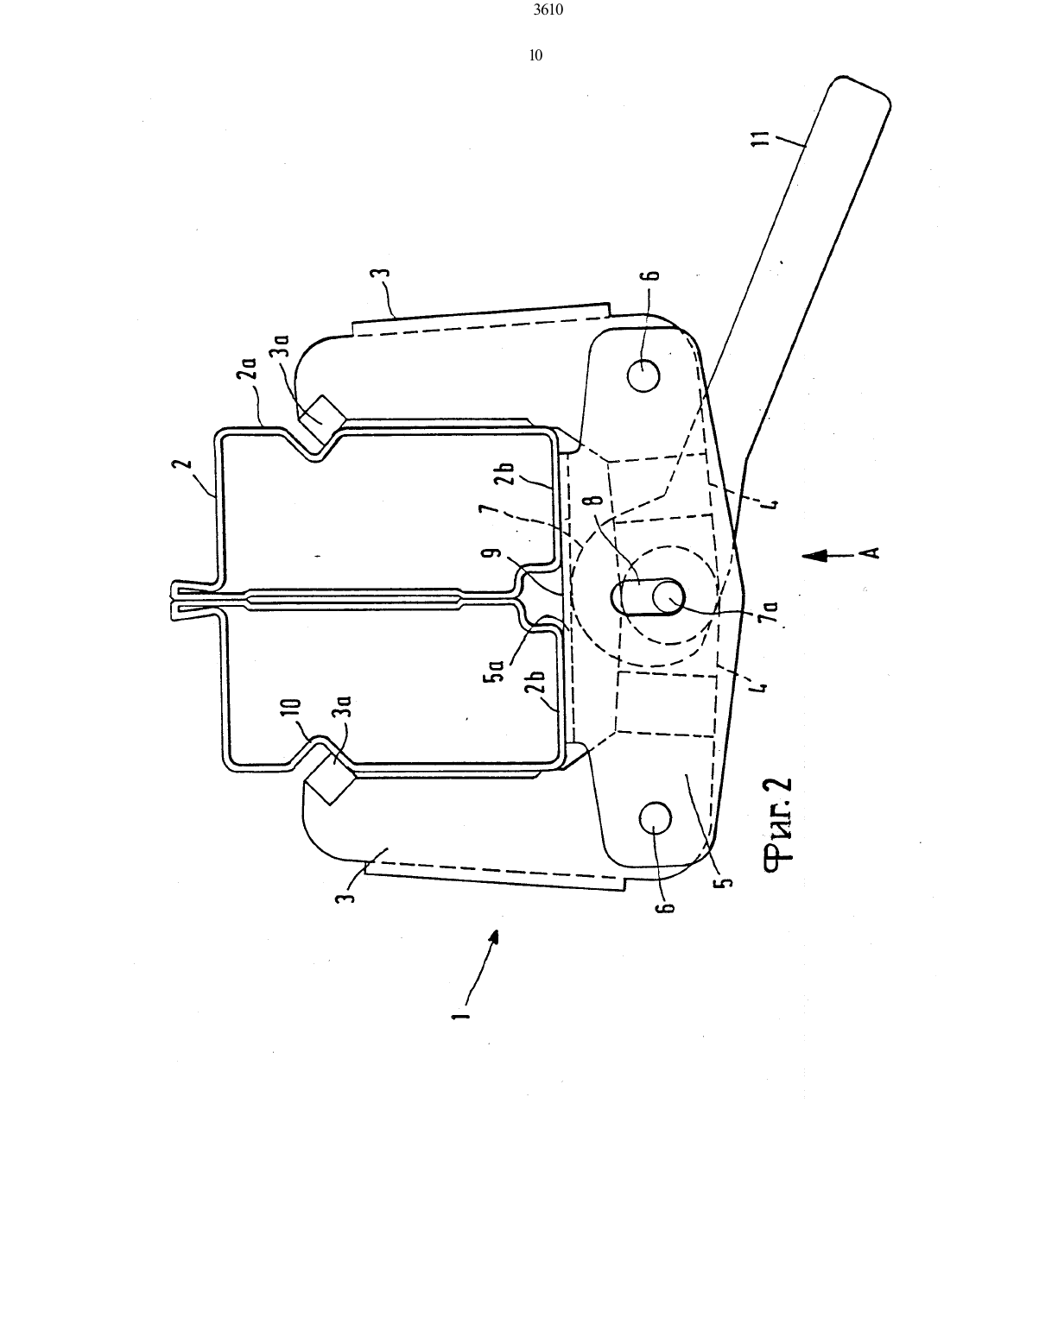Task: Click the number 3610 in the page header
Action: coord(548,9)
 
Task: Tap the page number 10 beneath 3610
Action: coord(535,55)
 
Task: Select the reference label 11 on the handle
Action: coord(763,137)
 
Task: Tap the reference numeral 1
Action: coord(460,1014)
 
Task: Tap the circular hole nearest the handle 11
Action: coord(643,375)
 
